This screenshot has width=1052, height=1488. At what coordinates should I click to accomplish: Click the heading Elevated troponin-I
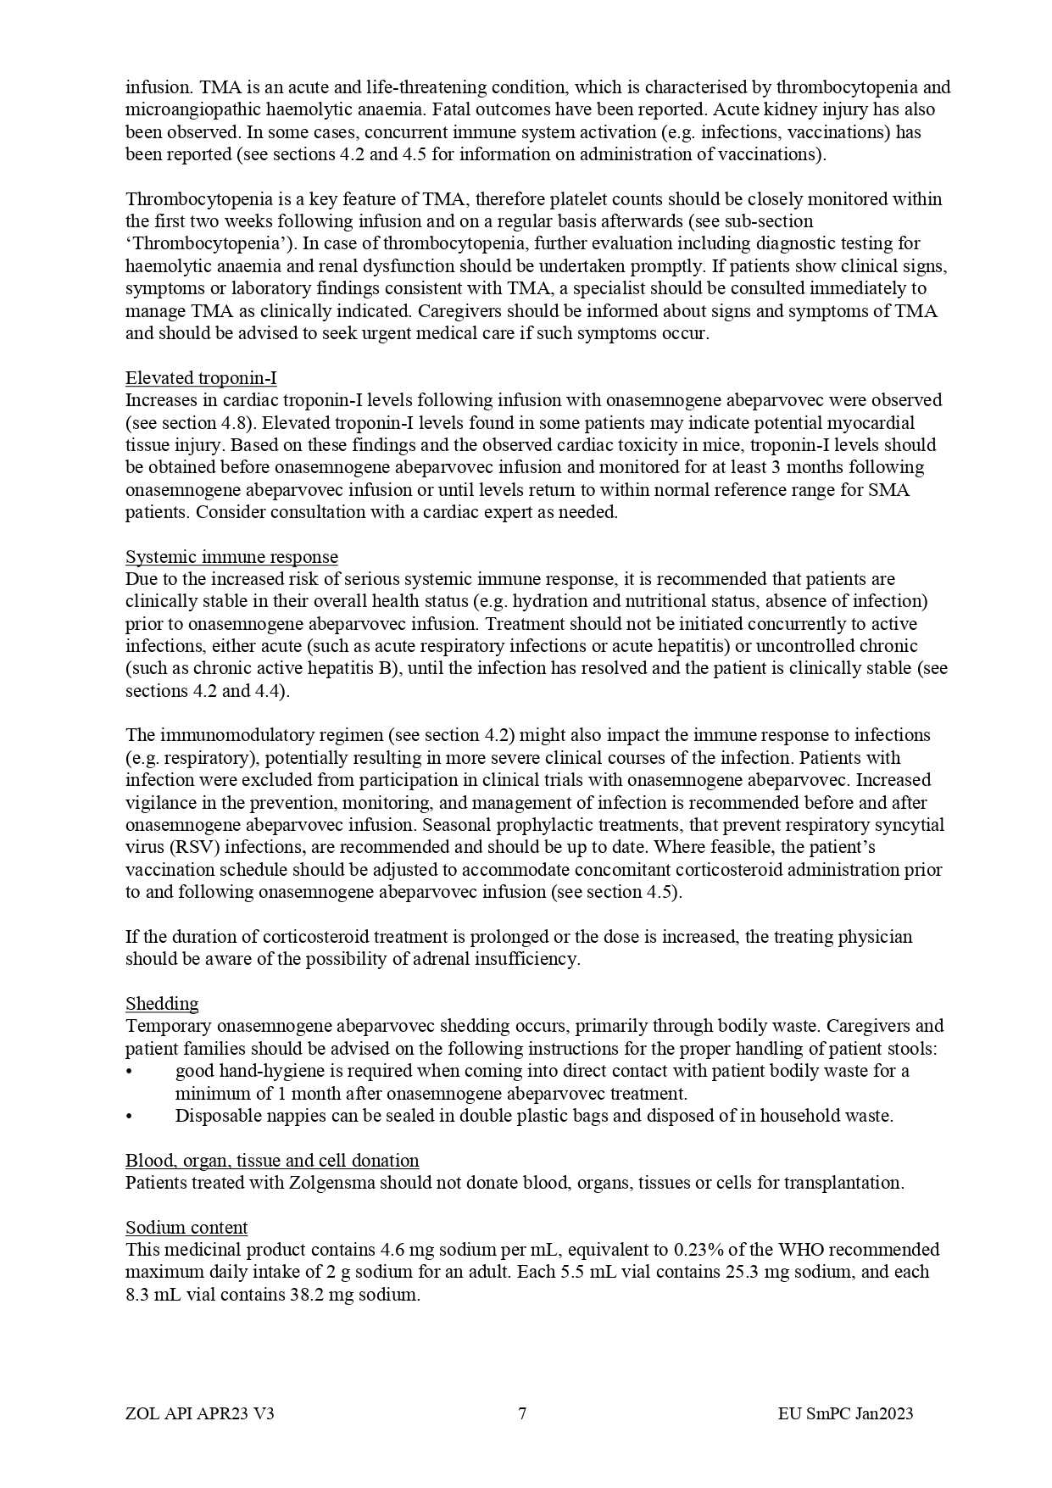[x=201, y=378]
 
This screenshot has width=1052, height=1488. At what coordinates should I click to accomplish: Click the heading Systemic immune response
[x=231, y=557]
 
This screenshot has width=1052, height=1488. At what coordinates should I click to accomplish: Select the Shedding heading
[x=162, y=1004]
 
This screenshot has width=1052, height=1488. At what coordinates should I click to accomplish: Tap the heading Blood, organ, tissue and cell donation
[x=272, y=1161]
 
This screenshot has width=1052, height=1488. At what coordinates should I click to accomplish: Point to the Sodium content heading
[x=186, y=1228]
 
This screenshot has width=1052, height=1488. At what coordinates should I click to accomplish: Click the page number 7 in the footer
[x=522, y=1413]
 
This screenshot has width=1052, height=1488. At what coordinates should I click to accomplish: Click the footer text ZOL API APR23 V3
[x=199, y=1413]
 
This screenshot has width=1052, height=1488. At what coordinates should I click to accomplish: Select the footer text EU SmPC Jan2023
[x=845, y=1413]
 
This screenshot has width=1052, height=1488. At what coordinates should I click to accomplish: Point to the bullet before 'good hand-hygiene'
[x=129, y=1071]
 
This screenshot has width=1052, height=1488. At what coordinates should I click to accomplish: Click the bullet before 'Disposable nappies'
[x=129, y=1116]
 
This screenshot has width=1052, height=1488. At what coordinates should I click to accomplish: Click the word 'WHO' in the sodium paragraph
[x=798, y=1250]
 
